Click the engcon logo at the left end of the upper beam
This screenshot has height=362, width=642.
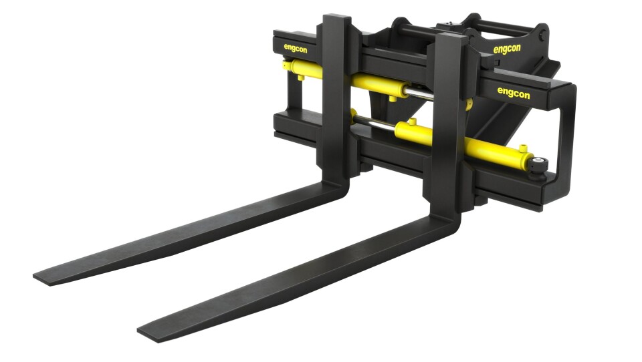[x=296, y=48]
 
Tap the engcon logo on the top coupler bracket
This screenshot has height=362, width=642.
[x=507, y=49]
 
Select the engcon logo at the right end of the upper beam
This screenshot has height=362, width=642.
[x=514, y=93]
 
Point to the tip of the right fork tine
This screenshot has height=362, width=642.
[x=142, y=331]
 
